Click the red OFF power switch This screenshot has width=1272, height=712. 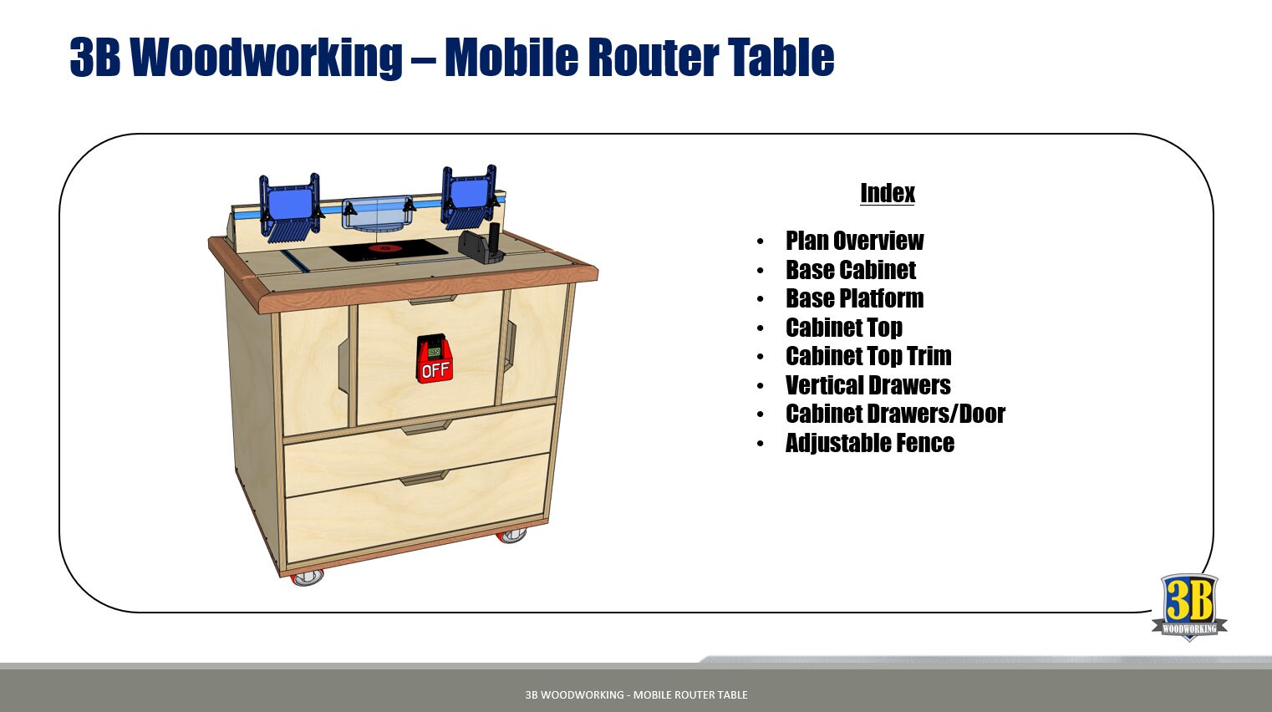(435, 360)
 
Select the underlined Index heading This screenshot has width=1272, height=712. (888, 193)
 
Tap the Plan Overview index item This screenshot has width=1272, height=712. (854, 241)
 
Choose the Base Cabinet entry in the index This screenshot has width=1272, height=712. (850, 270)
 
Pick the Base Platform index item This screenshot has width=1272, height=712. (854, 298)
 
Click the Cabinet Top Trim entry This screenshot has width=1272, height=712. (868, 356)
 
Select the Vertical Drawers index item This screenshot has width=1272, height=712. (868, 385)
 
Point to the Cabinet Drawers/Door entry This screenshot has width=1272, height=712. (894, 414)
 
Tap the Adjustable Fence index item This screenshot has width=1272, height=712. (869, 443)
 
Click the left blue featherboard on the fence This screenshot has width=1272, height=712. (290, 206)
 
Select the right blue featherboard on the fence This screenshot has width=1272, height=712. (470, 197)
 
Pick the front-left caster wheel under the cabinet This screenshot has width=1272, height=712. (308, 577)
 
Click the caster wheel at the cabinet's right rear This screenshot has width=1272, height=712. (512, 535)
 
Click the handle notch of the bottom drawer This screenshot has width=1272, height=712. (424, 479)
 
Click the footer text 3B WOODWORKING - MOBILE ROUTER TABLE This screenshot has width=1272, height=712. (636, 694)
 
